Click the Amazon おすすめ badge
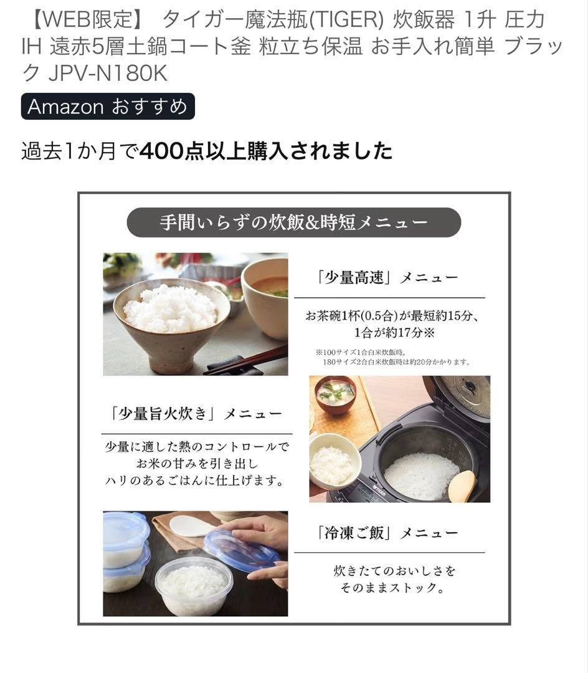[108, 107]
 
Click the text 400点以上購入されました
[267, 151]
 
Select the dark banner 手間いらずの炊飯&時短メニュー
[293, 222]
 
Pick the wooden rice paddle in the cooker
[462, 485]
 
